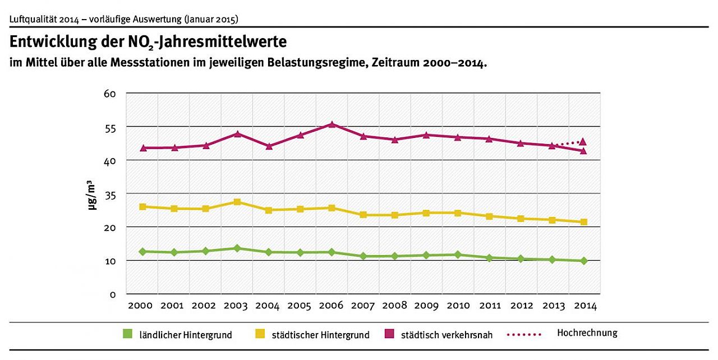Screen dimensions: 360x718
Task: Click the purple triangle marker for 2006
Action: (332, 124)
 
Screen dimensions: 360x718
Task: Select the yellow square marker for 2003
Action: (237, 202)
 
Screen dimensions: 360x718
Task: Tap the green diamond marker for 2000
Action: (143, 252)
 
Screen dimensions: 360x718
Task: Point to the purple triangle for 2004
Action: (269, 146)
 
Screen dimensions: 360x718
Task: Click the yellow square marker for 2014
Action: (583, 222)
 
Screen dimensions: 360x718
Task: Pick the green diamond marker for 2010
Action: (458, 255)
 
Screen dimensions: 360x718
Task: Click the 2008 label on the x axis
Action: (394, 306)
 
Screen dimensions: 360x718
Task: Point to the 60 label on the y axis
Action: (109, 94)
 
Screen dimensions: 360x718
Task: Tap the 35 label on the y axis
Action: (109, 194)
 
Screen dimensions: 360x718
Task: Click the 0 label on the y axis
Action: (113, 294)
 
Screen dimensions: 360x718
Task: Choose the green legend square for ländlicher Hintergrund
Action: (128, 334)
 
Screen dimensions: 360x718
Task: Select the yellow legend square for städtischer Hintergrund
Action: (260, 334)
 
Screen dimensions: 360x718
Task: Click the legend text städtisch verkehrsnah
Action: (447, 335)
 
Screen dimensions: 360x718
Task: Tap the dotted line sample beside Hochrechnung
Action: (524, 334)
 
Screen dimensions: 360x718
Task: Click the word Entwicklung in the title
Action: (52, 43)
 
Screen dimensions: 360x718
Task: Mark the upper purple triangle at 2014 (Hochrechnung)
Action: (583, 142)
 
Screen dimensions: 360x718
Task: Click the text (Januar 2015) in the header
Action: (211, 19)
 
